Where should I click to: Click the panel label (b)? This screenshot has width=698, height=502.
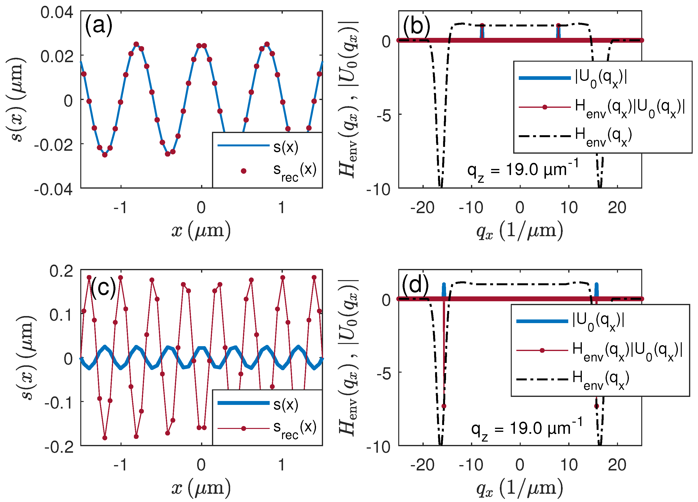416,25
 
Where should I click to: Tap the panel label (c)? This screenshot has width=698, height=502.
103,288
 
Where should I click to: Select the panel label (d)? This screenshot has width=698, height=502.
415,284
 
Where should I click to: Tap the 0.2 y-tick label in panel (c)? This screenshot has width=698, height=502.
61,271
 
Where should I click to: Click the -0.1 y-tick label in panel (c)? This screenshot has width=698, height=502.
58,402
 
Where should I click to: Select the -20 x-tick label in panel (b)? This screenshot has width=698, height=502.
422,208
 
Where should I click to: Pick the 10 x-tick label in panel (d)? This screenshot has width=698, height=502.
569,465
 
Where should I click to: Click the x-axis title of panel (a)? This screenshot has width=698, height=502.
201,231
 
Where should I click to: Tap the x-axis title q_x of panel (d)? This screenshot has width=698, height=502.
519,488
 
